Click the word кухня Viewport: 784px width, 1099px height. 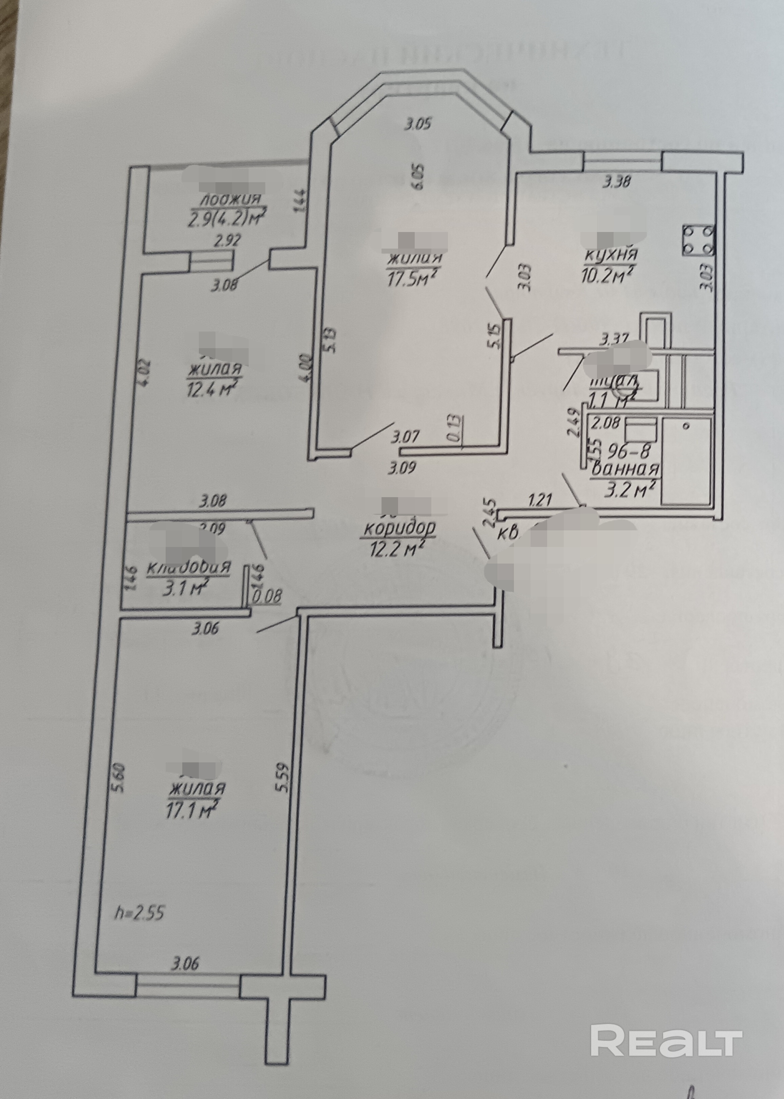610,254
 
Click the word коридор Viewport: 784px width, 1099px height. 399,529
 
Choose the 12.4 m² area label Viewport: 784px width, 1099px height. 212,387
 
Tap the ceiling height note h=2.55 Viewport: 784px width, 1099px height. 140,913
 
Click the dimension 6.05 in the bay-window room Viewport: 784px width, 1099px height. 418,176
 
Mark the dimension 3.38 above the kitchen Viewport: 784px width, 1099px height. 617,182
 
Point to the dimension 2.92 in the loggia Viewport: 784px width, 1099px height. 227,241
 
